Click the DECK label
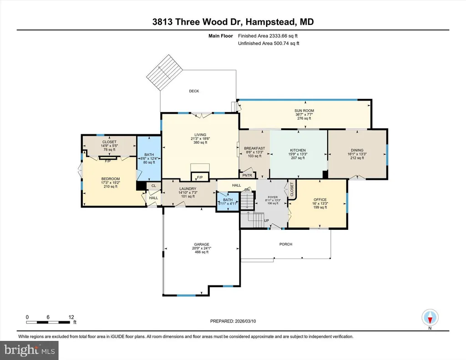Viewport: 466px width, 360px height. coord(194,91)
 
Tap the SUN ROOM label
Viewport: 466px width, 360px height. coord(304,111)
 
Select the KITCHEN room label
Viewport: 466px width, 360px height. coord(298,150)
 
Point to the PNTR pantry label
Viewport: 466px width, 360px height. coord(247,175)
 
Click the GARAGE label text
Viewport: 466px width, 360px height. coord(202,244)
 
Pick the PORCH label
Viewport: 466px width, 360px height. coord(286,244)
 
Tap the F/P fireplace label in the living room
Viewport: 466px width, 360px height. coord(200,177)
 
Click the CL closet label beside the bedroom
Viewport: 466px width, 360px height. coord(154,186)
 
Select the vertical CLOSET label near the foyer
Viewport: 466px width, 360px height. coord(292,189)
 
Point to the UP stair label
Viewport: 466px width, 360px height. coord(266,221)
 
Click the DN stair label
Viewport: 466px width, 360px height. coord(247,190)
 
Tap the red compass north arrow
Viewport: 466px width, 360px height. coord(430,320)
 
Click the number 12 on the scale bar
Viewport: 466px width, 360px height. coord(71,317)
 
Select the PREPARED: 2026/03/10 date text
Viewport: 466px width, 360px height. coord(233,321)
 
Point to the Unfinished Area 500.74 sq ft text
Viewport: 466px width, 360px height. coord(268,43)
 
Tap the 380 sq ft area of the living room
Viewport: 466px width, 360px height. coord(200,142)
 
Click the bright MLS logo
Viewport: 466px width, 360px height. coord(29,350)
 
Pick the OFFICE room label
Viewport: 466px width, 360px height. coord(320,200)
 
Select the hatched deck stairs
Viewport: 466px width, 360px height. coord(164,72)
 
